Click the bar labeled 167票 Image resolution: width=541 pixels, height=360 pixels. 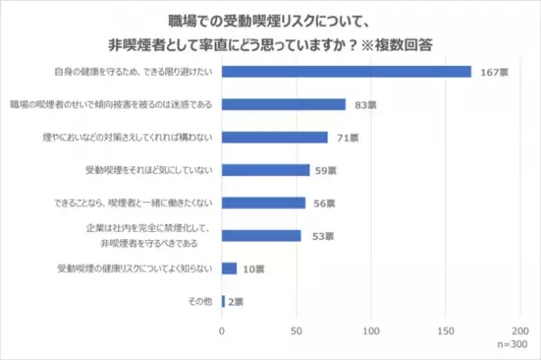(346, 71)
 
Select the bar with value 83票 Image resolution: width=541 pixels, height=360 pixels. (283, 104)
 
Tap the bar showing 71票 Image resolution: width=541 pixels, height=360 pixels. (274, 137)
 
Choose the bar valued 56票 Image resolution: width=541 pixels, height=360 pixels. (263, 203)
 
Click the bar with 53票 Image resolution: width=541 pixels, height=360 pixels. (261, 235)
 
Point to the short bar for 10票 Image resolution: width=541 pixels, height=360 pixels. (229, 269)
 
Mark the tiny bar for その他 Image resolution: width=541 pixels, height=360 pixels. (224, 301)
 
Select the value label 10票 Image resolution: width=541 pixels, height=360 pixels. (255, 269)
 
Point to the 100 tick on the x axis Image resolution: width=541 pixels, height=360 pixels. (371, 330)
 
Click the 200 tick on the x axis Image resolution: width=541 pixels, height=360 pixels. (519, 330)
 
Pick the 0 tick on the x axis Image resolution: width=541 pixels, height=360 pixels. (222, 330)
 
